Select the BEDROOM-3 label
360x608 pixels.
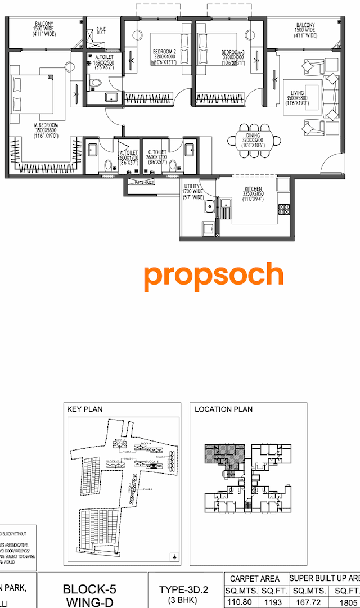pyautogui.click(x=232, y=52)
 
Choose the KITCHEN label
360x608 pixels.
pyautogui.click(x=253, y=189)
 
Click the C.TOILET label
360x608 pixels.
pyautogui.click(x=157, y=152)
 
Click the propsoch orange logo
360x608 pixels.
pyautogui.click(x=213, y=276)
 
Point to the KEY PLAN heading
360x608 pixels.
pyautogui.click(x=85, y=409)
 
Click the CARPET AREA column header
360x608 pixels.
pyautogui.click(x=255, y=578)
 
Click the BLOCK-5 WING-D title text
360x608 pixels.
pyautogui.click(x=89, y=596)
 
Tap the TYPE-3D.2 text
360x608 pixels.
pyautogui.click(x=183, y=589)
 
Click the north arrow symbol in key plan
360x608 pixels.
pyautogui.click(x=174, y=557)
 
